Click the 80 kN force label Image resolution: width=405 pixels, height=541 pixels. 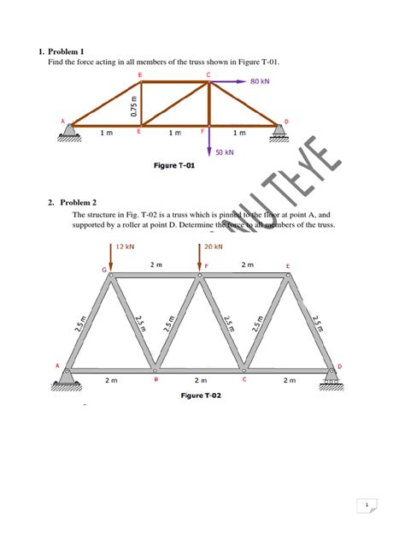[261, 82]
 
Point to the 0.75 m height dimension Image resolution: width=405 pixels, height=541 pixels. [132, 105]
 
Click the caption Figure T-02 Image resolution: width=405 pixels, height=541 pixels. [201, 395]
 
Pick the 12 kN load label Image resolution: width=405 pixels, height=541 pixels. [125, 246]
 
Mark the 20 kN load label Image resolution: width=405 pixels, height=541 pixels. [214, 246]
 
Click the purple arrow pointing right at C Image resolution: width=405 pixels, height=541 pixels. [228, 82]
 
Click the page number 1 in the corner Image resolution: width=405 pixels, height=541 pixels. [366, 506]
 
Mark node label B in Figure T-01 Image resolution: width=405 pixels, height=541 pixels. [139, 74]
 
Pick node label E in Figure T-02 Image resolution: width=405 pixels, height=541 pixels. [287, 266]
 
